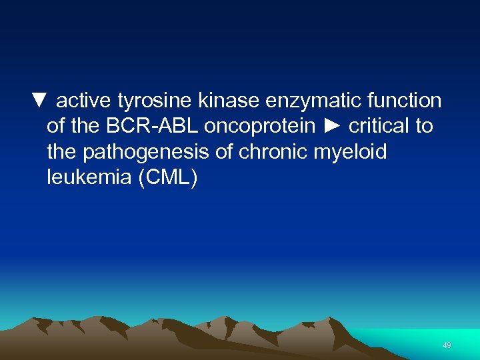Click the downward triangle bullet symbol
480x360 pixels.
(x=39, y=101)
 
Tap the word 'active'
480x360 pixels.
(x=84, y=101)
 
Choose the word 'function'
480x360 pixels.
(x=403, y=101)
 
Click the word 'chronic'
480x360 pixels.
(x=271, y=152)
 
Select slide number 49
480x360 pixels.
(x=447, y=345)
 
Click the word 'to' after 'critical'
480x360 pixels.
(x=425, y=127)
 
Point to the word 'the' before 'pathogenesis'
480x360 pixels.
(x=62, y=152)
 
